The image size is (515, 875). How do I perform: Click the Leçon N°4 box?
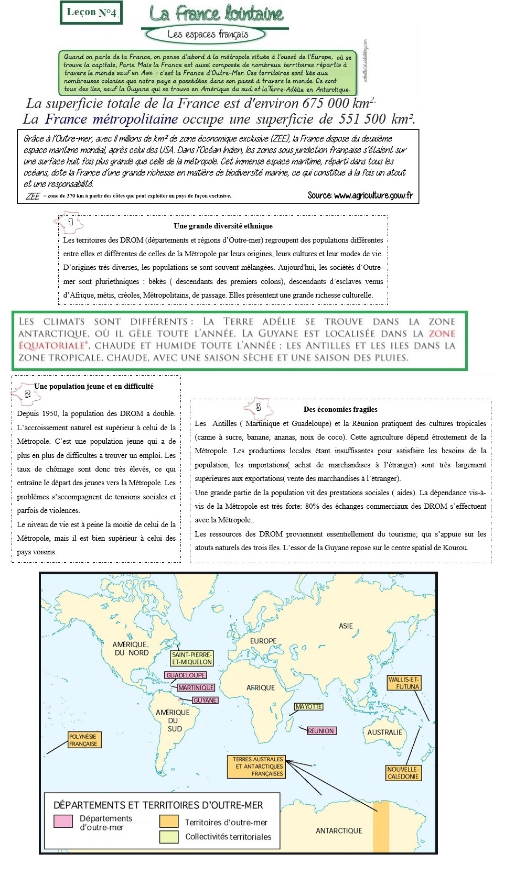tap(92, 13)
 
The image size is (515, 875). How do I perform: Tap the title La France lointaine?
tap(216, 14)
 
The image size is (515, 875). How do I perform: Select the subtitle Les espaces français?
tap(207, 35)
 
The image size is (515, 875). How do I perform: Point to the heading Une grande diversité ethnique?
tap(223, 226)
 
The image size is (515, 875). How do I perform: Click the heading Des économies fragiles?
tap(340, 409)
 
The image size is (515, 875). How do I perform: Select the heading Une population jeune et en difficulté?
tap(94, 386)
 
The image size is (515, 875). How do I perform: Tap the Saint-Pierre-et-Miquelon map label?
tap(192, 658)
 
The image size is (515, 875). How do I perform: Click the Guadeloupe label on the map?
tap(186, 675)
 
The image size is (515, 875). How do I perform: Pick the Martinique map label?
tap(196, 687)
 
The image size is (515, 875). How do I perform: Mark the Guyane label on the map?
tap(205, 700)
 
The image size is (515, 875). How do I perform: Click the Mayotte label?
tap(309, 707)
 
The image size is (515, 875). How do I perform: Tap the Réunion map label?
tap(321, 730)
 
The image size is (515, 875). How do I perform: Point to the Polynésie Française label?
tap(83, 740)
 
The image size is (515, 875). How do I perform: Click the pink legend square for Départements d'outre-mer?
tap(63, 821)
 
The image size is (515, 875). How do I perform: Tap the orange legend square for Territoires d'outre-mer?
tap(169, 822)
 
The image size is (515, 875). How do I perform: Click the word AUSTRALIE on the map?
tap(384, 732)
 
